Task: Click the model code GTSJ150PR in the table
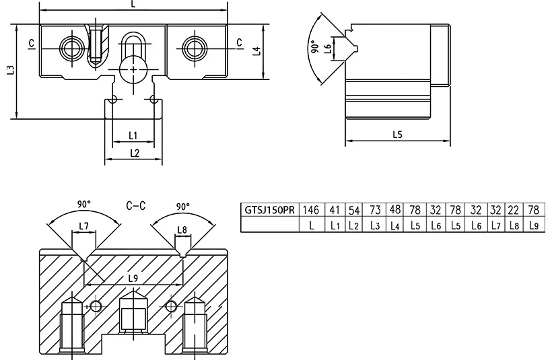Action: [x=269, y=210]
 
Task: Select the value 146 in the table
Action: [x=311, y=210]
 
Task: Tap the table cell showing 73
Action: [x=375, y=210]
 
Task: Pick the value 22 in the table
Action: [x=514, y=210]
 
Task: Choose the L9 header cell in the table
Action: [x=534, y=225]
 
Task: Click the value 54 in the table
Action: [x=354, y=210]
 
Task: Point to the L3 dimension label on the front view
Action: [x=11, y=70]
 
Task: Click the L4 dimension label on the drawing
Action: [x=257, y=51]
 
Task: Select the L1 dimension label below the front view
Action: [x=133, y=135]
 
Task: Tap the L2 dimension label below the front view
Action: [x=135, y=153]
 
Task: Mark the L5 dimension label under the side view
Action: [x=397, y=134]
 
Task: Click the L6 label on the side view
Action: [x=327, y=48]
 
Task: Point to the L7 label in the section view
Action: [x=83, y=226]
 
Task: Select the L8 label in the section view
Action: [x=182, y=230]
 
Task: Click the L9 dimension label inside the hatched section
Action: [x=133, y=279]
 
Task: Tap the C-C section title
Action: [x=136, y=205]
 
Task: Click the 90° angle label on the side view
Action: [x=315, y=47]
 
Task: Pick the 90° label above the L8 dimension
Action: [x=183, y=206]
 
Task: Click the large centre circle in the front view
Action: [x=133, y=69]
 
